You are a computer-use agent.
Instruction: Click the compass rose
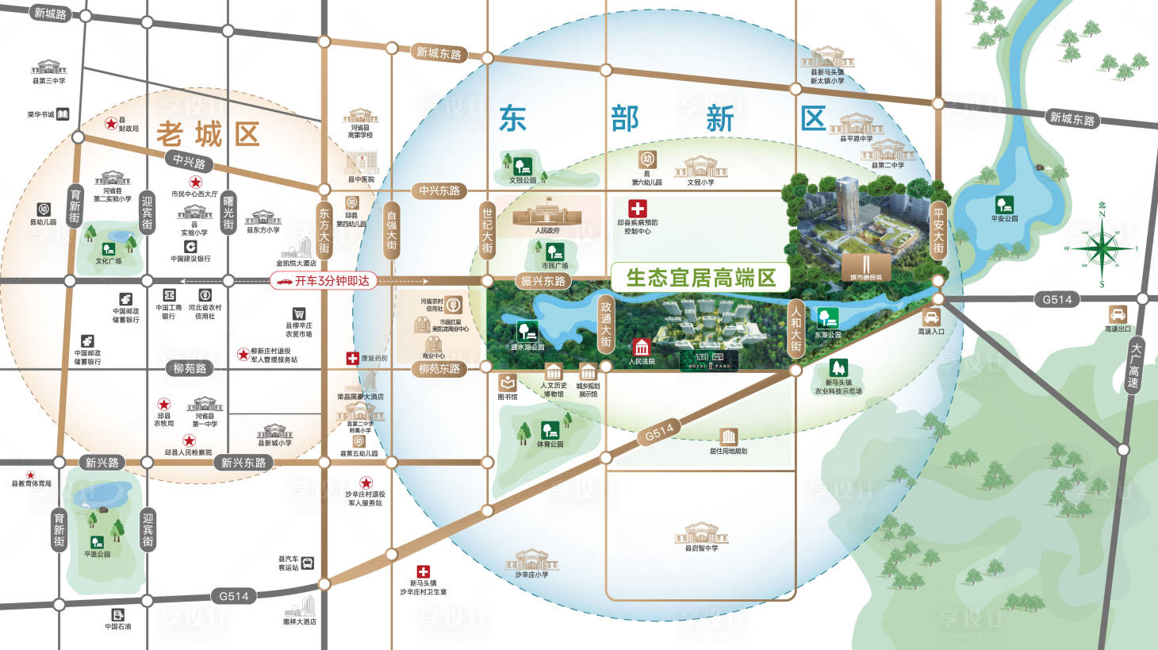(1101, 248)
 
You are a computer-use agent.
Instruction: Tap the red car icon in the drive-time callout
(283, 281)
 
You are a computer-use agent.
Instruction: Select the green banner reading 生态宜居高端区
(700, 278)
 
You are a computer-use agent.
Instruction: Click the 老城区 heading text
(208, 135)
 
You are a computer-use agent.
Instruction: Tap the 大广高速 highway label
(1135, 366)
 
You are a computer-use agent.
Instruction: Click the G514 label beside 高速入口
(1056, 299)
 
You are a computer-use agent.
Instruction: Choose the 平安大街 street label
(938, 231)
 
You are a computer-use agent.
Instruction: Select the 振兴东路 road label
(543, 281)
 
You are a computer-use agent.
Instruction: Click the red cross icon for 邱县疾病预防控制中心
(637, 209)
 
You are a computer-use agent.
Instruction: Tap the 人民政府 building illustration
(546, 216)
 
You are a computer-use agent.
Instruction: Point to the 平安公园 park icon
(1004, 205)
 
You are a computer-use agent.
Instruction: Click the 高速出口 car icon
(1118, 313)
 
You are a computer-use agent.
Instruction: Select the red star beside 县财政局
(111, 124)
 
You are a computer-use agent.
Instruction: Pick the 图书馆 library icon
(508, 383)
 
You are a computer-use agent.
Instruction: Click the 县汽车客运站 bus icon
(308, 563)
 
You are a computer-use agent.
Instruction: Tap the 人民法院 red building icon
(641, 347)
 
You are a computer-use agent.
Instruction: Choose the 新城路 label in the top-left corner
(51, 13)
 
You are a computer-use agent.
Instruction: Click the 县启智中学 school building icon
(700, 533)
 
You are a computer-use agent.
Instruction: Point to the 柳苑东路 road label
(439, 369)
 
